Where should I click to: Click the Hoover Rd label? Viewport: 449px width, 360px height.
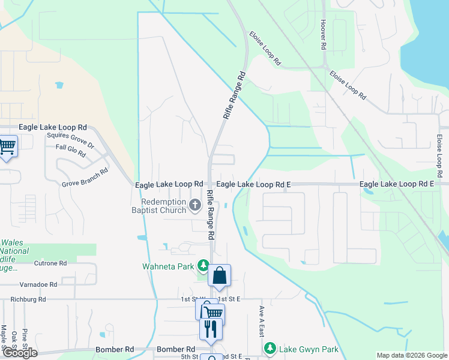point(324,34)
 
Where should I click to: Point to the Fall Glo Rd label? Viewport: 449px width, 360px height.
point(71,150)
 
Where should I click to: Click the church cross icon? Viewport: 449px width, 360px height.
point(194,206)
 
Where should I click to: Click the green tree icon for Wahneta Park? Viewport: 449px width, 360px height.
point(203,265)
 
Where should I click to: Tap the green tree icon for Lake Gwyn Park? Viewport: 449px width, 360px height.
point(270,349)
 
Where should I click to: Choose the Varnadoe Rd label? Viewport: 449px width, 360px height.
point(37,284)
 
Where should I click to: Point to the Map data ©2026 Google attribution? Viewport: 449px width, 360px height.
point(412,355)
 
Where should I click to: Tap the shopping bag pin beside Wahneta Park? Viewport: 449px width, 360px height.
point(220,276)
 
